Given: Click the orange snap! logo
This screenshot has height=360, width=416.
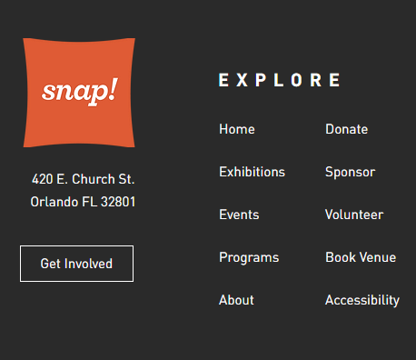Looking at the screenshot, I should (x=79, y=92).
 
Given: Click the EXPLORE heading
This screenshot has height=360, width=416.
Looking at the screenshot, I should (x=280, y=80).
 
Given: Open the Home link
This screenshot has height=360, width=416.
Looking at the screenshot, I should (x=236, y=129).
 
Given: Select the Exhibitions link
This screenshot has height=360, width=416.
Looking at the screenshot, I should (x=252, y=172).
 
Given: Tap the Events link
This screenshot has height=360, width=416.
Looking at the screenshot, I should (x=239, y=215).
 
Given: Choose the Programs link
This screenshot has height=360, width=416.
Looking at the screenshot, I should (x=249, y=257).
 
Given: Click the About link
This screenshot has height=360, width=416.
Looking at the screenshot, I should (x=236, y=300).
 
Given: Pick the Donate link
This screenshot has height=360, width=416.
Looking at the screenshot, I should (x=346, y=129).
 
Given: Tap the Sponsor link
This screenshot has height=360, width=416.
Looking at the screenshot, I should (x=350, y=172).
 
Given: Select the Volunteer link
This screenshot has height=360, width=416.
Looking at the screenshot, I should (x=353, y=215).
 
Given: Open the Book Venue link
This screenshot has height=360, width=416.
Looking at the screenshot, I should (x=361, y=257).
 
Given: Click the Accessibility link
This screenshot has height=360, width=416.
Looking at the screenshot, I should (x=362, y=300).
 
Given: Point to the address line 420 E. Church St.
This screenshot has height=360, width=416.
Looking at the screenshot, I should (x=83, y=179).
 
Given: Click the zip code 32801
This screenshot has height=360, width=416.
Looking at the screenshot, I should (x=118, y=202).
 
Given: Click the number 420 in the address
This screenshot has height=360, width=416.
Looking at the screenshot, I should (x=42, y=179).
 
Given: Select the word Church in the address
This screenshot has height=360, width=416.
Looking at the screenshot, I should (x=95, y=179).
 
